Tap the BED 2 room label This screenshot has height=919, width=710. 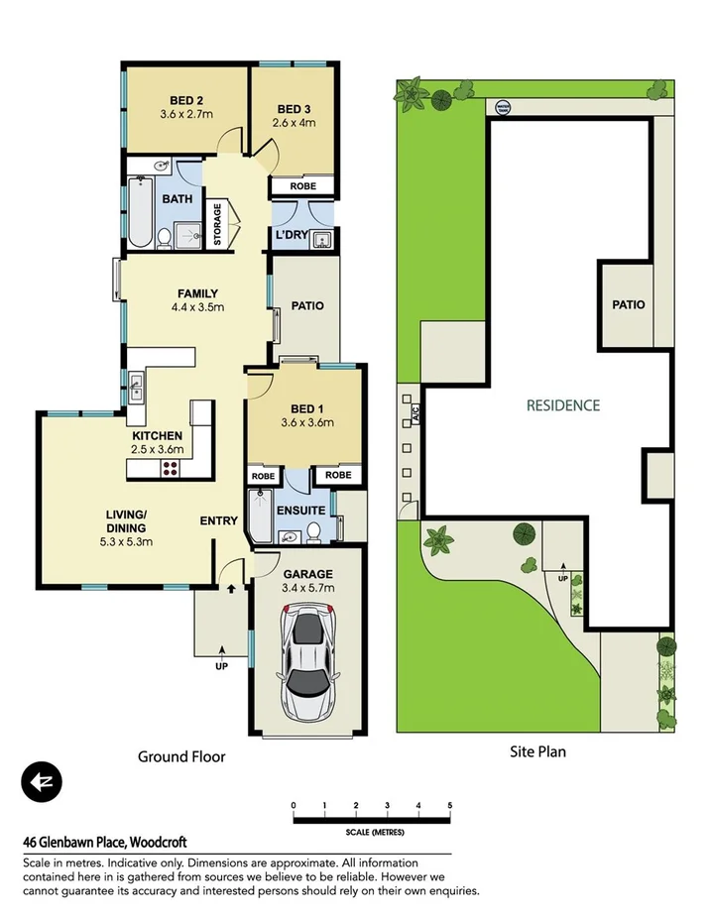(186, 100)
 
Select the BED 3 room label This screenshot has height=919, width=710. (295, 109)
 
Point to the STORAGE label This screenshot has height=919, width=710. (218, 224)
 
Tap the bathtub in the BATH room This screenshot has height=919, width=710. (139, 212)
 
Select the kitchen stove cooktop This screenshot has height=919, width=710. (170, 469)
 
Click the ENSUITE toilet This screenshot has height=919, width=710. (313, 535)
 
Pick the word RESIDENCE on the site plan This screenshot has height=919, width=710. (562, 404)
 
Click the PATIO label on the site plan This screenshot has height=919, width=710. (627, 304)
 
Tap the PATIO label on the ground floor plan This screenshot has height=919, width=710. (307, 306)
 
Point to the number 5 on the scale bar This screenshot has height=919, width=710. (450, 804)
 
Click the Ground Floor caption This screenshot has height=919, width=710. (181, 756)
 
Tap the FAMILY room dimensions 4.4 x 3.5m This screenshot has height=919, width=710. (197, 307)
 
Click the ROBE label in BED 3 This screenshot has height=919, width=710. (302, 186)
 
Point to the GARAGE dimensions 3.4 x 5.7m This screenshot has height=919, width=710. (308, 588)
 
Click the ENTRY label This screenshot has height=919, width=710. (218, 520)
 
